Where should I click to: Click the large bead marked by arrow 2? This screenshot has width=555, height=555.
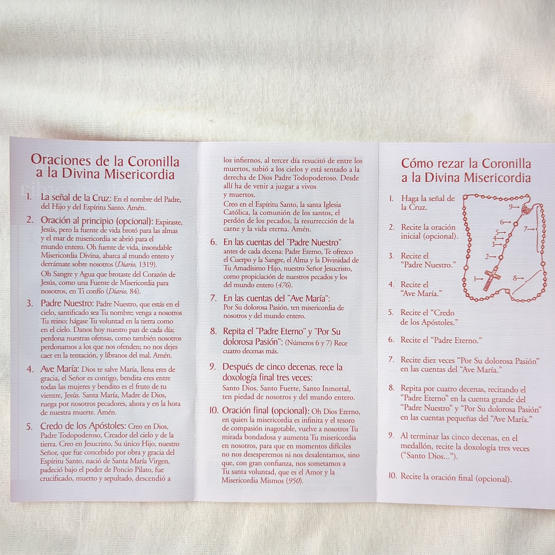pyautogui.click(x=501, y=257)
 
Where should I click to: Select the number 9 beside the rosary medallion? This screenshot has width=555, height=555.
pyautogui.click(x=511, y=207)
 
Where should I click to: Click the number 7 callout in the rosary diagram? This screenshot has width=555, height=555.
pyautogui.click(x=525, y=229)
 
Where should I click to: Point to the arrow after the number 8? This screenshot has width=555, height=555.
pyautogui.click(x=520, y=278)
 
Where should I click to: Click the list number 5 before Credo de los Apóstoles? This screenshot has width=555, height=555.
pyautogui.click(x=29, y=427)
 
